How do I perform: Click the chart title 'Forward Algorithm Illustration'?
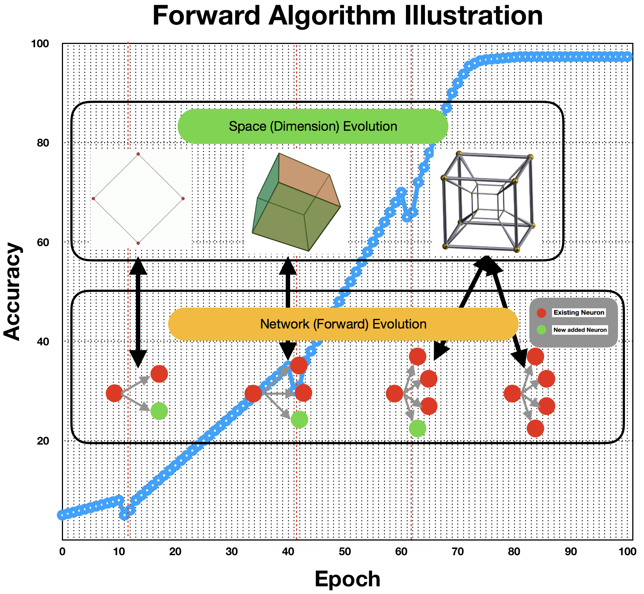pyautogui.click(x=347, y=16)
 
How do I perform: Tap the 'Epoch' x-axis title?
pyautogui.click(x=347, y=579)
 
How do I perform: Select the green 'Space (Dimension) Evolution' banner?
pyautogui.click(x=313, y=126)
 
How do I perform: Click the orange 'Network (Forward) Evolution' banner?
pyautogui.click(x=343, y=324)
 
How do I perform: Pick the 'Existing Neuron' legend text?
pyautogui.click(x=579, y=313)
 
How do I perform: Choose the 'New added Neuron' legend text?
pyautogui.click(x=580, y=330)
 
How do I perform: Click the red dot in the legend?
pyautogui.click(x=541, y=313)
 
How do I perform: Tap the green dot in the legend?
pyautogui.click(x=541, y=330)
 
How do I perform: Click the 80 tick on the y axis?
pyautogui.click(x=43, y=143)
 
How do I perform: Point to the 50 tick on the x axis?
pyautogui.click(x=345, y=552)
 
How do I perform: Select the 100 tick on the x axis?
pyautogui.click(x=628, y=552)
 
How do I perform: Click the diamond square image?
pyautogui.click(x=141, y=198)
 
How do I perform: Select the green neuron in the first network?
pyautogui.click(x=159, y=411)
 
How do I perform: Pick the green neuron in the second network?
pyautogui.click(x=299, y=419)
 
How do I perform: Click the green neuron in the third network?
pyautogui.click(x=417, y=428)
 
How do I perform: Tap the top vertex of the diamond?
pyautogui.click(x=138, y=154)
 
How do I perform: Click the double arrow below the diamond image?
pyautogui.click(x=138, y=312)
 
